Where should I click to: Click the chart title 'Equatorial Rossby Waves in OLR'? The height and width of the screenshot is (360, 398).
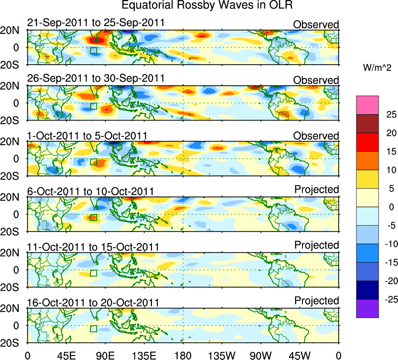coord(207,5)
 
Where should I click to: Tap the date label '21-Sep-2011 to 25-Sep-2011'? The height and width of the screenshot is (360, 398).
coord(96,23)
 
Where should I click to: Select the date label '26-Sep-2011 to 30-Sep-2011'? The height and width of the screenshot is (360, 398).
coord(96,78)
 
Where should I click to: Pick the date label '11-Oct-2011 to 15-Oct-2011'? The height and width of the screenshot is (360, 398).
coord(93,247)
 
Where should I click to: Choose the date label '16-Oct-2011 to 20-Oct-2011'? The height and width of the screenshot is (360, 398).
coord(93,303)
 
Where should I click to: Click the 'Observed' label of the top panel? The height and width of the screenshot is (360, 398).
coord(316,25)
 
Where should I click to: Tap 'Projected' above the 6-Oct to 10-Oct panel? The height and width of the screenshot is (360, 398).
coord(317,190)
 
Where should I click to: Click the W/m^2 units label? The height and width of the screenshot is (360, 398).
coord(377,68)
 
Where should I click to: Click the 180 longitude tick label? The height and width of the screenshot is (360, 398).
coord(183,355)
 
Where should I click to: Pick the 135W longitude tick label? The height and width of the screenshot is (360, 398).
coord(222,355)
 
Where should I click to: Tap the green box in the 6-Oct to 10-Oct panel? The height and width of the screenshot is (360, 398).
coord(93,217)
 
